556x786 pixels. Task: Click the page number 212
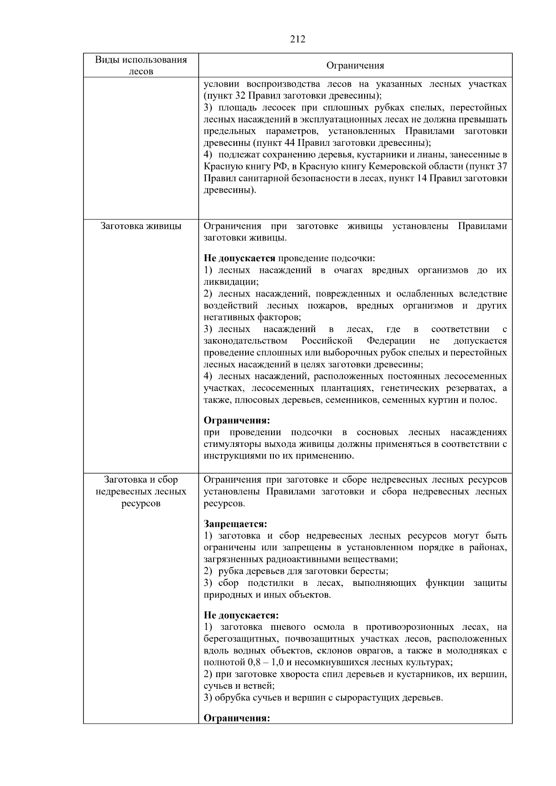(297, 39)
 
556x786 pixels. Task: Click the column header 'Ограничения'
(355, 65)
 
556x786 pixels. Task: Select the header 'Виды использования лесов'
(141, 65)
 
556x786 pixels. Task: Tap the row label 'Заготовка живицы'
(141, 226)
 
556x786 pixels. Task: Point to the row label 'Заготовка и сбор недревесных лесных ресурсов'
(141, 491)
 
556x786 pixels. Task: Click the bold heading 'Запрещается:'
(235, 524)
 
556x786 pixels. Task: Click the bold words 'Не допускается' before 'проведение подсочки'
(240, 258)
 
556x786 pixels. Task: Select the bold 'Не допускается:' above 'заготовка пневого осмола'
(241, 616)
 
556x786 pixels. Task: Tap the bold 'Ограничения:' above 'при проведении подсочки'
(237, 421)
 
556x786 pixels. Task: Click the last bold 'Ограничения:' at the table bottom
(237, 718)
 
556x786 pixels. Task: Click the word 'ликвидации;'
(231, 282)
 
